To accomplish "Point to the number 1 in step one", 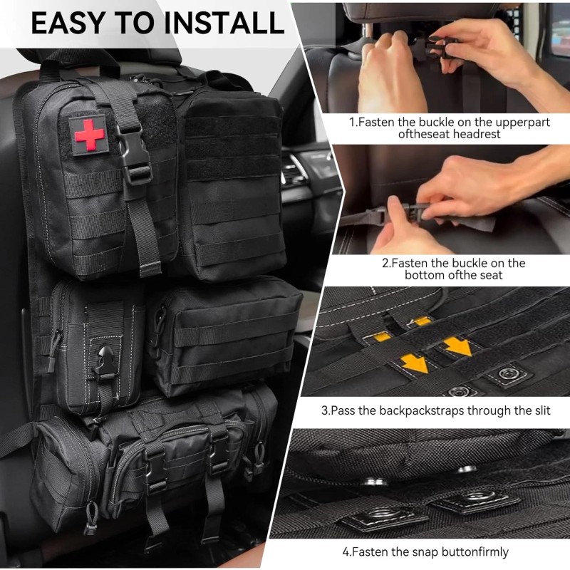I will pos(352,122).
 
